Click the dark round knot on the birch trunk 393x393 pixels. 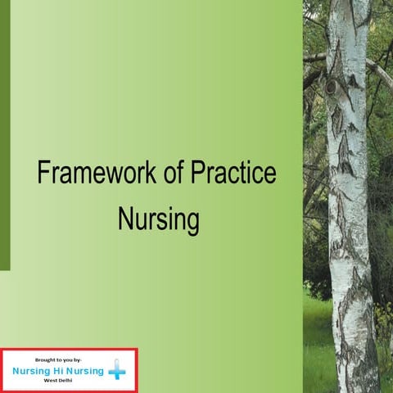[332, 85]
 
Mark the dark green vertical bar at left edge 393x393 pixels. [5, 135]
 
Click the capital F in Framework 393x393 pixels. [43, 174]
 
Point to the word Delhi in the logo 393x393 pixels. [65, 382]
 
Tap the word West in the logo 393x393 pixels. [51, 382]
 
